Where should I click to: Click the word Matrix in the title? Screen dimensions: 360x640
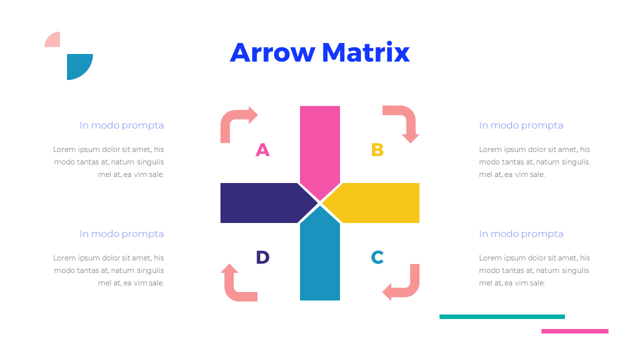tap(365, 52)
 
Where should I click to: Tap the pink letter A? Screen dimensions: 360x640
tap(262, 149)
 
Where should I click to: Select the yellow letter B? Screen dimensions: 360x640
tap(377, 149)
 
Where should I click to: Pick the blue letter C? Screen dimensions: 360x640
tap(377, 257)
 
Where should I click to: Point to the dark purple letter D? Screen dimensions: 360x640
tap(262, 257)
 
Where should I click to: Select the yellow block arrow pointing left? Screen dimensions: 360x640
tap(375, 203)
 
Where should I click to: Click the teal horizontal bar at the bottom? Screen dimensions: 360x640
tap(502, 316)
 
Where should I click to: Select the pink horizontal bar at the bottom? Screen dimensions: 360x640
tap(575, 331)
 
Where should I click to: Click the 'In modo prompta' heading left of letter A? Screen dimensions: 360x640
tap(121, 125)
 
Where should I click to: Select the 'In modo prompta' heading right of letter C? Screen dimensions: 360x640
tap(521, 234)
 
